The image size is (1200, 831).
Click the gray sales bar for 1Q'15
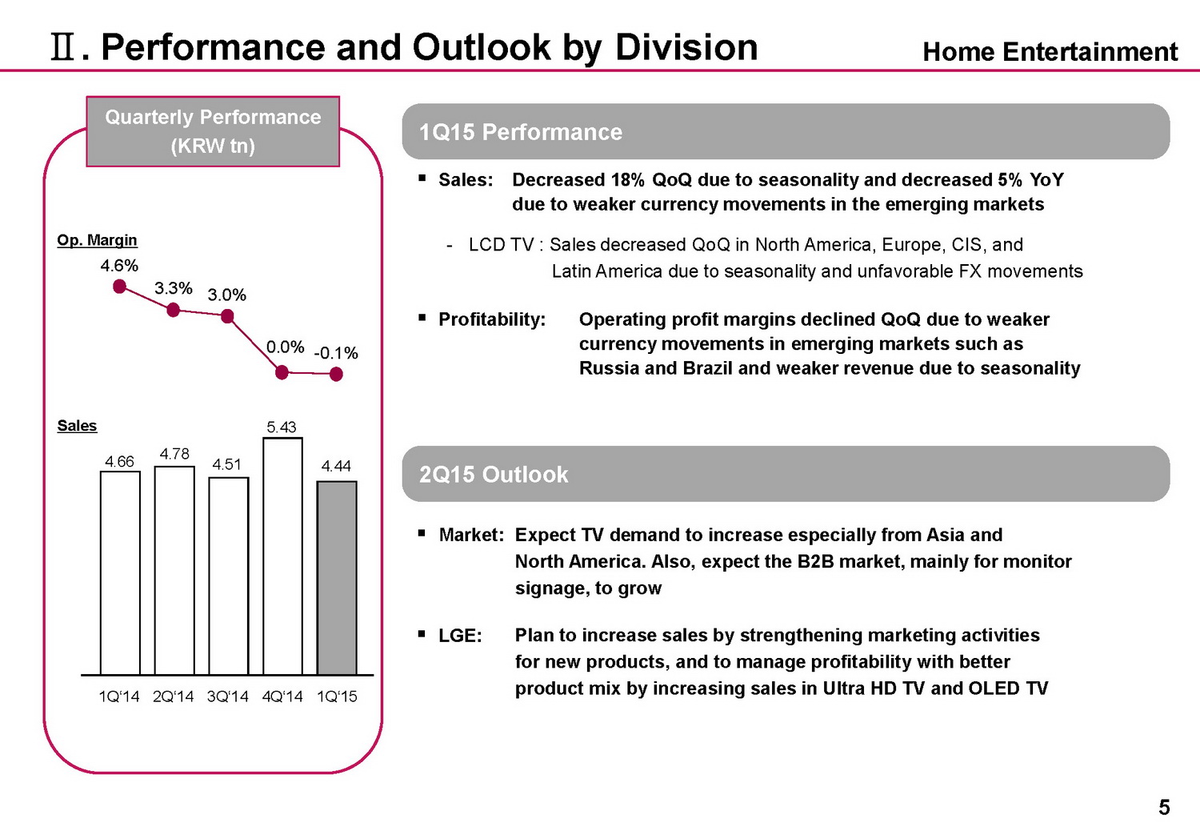tap(337, 578)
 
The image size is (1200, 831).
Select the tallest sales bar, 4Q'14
tap(282, 556)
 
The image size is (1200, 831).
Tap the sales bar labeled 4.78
tap(174, 570)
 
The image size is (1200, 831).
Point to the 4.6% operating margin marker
tap(120, 287)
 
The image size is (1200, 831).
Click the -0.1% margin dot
tap(337, 374)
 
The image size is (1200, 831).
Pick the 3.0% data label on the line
tap(227, 295)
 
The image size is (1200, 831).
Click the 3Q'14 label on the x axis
tap(228, 697)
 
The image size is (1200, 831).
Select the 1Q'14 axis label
tap(118, 697)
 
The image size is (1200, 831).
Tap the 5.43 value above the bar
tap(282, 428)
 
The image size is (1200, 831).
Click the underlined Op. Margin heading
tap(97, 240)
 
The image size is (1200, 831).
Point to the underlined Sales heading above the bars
tap(77, 426)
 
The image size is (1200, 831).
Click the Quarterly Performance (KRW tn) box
tap(213, 131)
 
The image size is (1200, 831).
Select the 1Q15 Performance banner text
tap(521, 132)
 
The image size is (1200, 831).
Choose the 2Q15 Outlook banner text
tap(494, 475)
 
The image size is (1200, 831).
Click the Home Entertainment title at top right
tap(1050, 52)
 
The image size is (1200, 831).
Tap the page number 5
tap(1164, 808)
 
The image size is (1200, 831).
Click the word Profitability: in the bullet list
tap(492, 319)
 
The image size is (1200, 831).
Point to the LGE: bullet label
tap(460, 636)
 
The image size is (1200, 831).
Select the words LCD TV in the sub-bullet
tap(501, 245)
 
